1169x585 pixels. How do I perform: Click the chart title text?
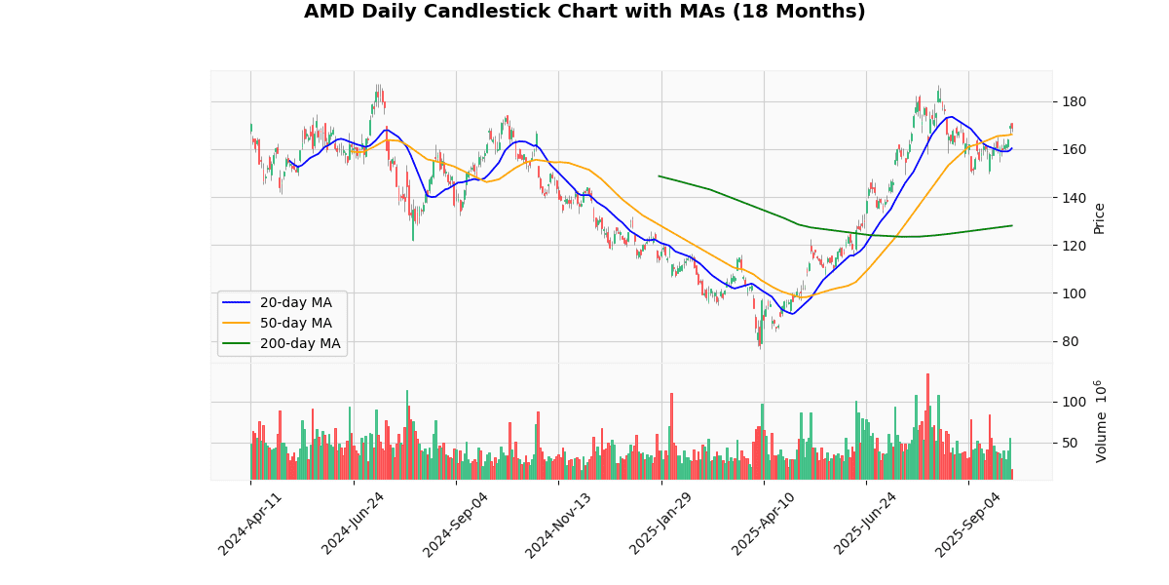click(584, 12)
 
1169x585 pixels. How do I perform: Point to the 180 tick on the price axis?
click(1074, 102)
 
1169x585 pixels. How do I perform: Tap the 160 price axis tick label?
click(1074, 150)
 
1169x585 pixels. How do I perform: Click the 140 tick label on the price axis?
click(1074, 198)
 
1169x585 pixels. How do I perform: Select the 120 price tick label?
click(1074, 246)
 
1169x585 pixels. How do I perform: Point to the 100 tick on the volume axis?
click(1074, 402)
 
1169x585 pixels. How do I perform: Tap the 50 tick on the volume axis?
click(1070, 443)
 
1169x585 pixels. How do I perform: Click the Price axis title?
click(1100, 217)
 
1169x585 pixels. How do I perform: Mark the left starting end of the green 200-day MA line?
click(660, 176)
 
